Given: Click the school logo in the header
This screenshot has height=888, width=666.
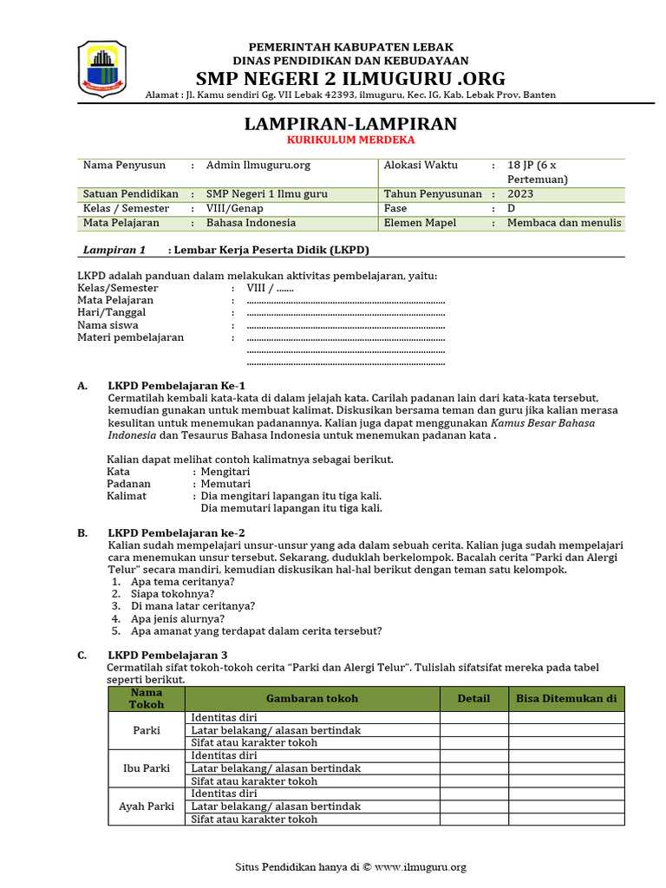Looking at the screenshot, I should point(102,69).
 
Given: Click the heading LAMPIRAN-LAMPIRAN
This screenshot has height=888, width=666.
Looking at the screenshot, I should point(350,123).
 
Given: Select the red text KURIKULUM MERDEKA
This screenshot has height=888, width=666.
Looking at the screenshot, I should point(350,140).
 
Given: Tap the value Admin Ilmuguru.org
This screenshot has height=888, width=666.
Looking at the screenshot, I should point(258,165).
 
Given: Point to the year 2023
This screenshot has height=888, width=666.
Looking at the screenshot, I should point(520,194).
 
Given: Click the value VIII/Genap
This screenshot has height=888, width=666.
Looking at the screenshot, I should point(234,209).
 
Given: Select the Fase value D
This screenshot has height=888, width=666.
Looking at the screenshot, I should point(511,209).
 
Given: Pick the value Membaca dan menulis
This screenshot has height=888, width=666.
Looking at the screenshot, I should point(564,223).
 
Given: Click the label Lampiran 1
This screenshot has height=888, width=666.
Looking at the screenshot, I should point(114,250).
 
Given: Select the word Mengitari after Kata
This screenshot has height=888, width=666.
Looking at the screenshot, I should point(225,471).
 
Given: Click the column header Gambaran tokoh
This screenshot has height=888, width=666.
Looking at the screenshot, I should point(311,698).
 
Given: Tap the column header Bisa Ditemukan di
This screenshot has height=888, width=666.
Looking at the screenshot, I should point(565,698).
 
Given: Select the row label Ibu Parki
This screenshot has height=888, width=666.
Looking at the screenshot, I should point(146,768).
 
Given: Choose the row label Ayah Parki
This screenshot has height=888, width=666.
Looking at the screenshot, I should point(146,806).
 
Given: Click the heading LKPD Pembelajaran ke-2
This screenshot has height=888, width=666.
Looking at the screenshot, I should point(176,532).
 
